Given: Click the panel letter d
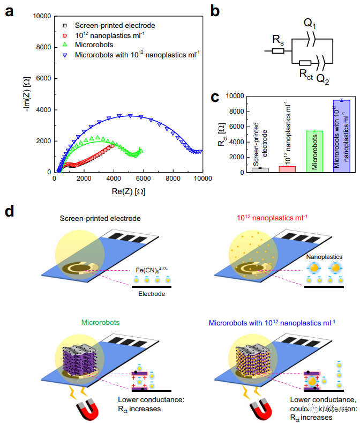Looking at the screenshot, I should click(x=10, y=211).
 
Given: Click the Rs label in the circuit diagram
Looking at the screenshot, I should click(x=278, y=40).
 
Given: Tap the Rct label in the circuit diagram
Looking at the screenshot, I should click(x=305, y=73).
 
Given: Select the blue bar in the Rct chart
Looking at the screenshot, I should click(x=341, y=136).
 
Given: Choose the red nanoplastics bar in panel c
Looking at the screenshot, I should click(x=287, y=169).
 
